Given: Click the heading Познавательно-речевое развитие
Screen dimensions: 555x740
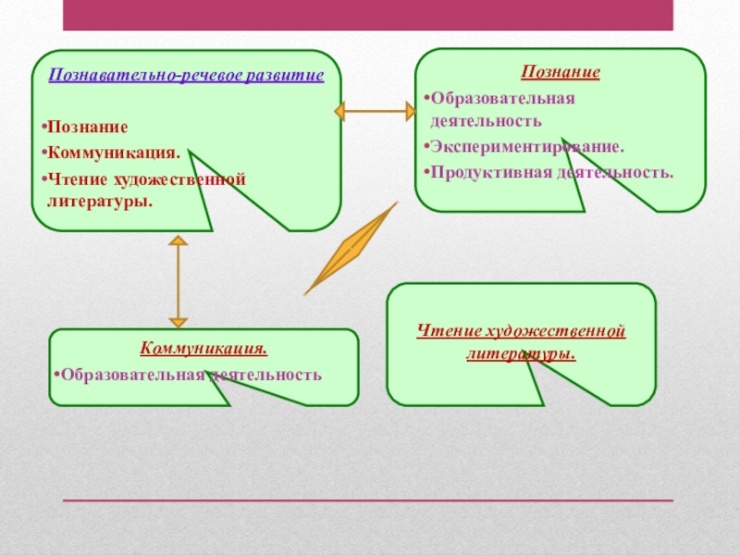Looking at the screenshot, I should coord(186,75).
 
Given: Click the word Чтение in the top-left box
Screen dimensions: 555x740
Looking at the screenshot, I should coord(79,179).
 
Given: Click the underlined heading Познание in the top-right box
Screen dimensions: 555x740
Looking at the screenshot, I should coord(561,72).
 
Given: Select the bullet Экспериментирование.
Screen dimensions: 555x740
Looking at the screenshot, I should coord(526,146).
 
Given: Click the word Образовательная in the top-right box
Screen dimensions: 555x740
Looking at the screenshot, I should coord(499,98).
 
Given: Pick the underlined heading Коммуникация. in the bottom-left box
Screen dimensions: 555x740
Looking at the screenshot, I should coord(203,349).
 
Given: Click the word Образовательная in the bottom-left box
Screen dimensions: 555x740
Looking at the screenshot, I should coord(129,375).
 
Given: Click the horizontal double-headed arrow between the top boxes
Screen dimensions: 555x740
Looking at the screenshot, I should coord(375,113).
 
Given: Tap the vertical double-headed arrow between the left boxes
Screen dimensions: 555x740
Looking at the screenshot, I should coord(179,282).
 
